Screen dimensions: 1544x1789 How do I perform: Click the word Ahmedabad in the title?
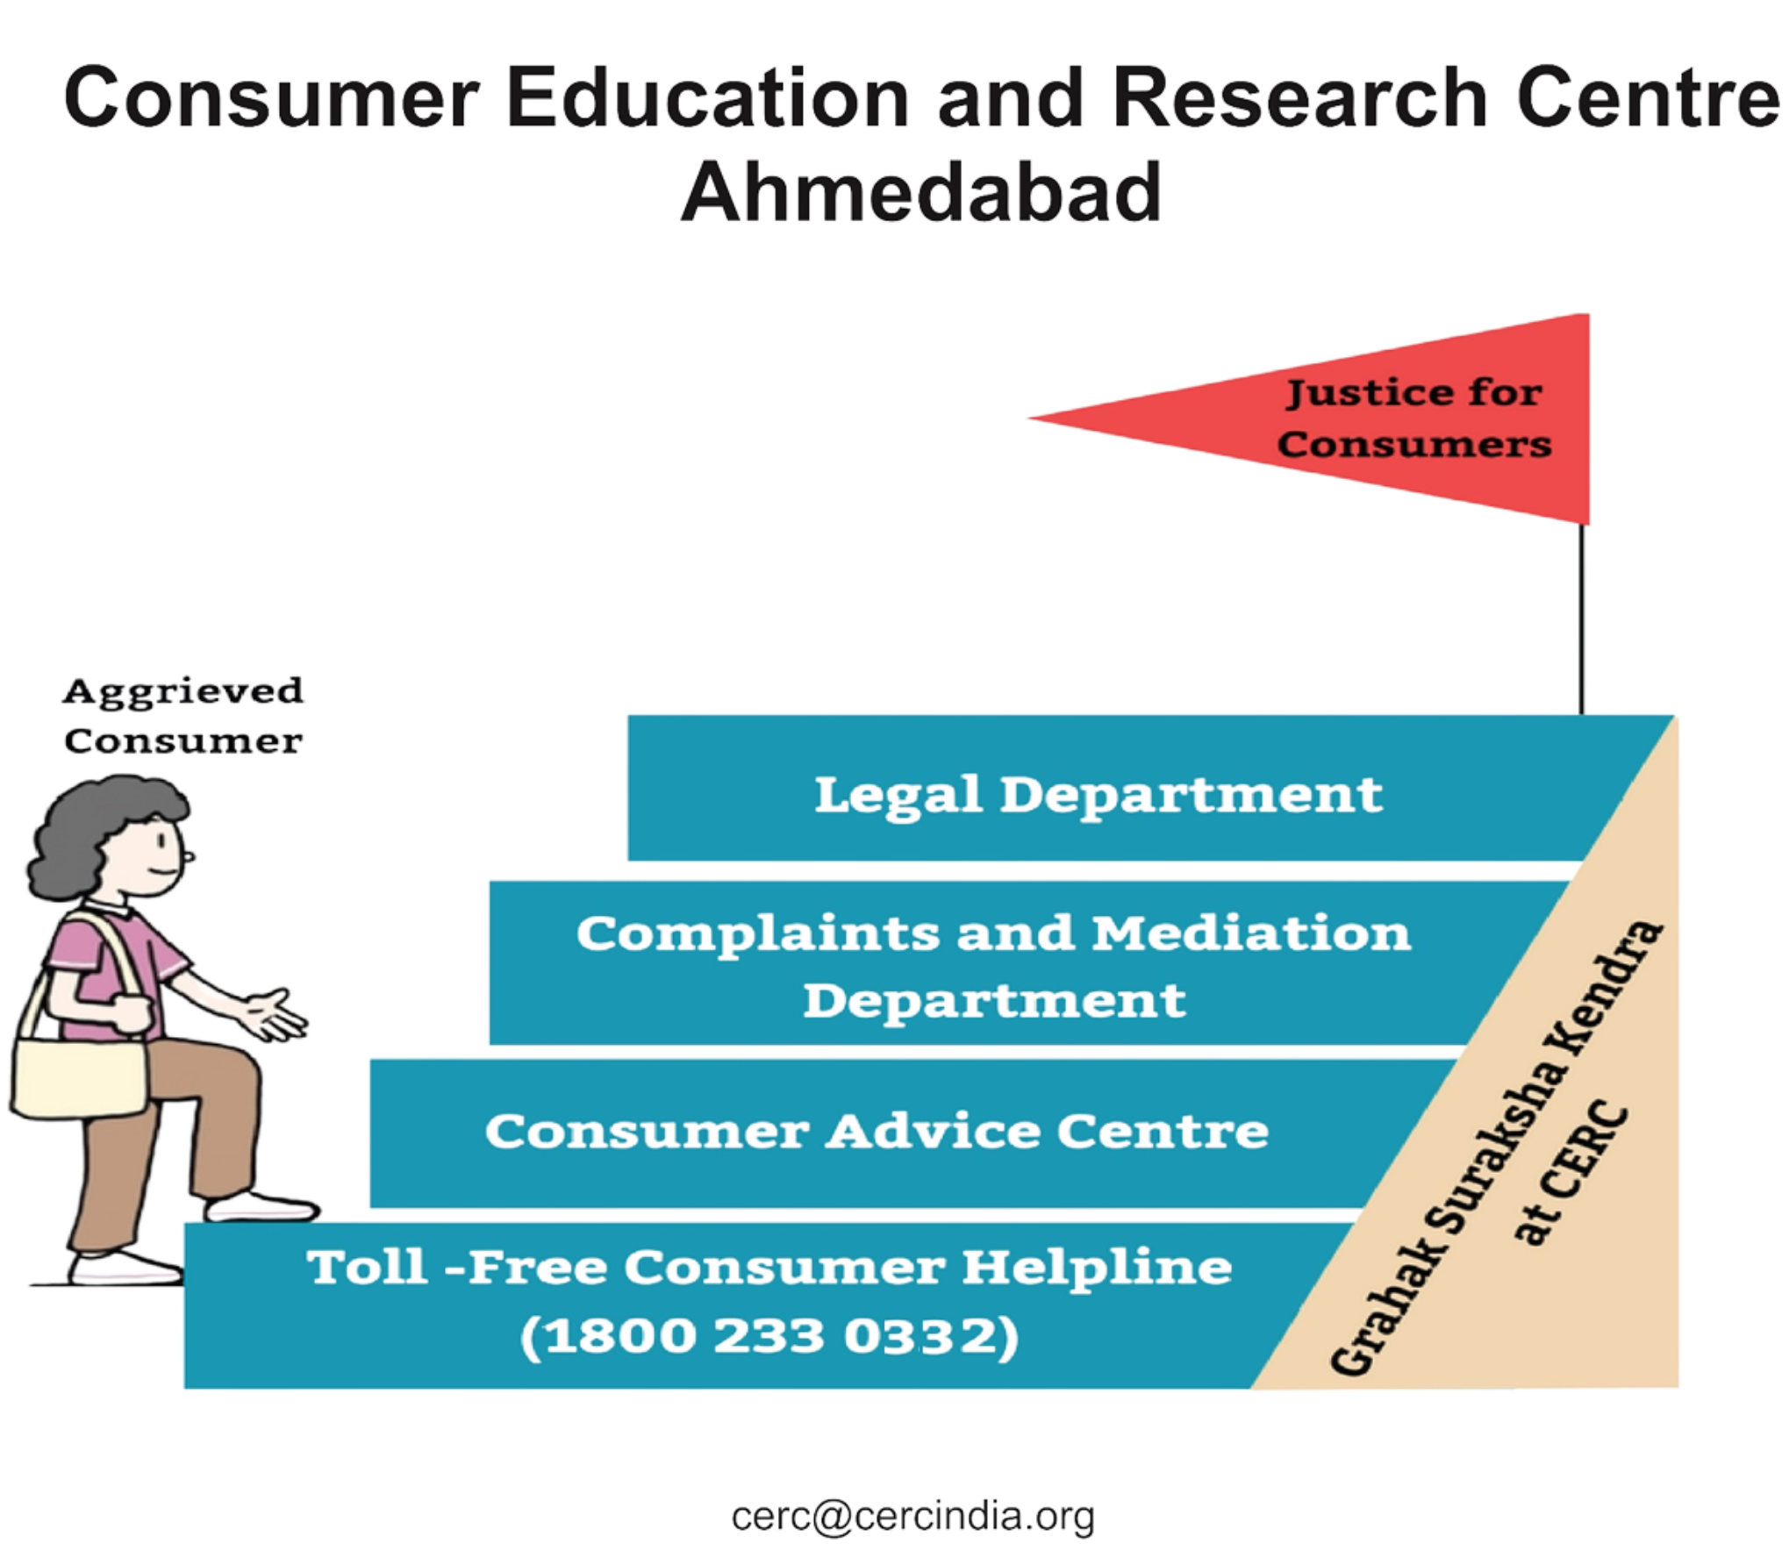pos(920,190)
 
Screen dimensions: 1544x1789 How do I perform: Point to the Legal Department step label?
pos(1098,795)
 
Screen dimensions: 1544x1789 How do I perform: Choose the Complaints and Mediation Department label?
pos(995,966)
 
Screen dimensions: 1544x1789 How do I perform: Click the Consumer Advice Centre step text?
pos(877,1132)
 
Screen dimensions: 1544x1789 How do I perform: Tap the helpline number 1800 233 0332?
pos(770,1337)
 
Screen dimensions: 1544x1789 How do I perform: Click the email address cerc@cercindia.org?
pos(912,1516)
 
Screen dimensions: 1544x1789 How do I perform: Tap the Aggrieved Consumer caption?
pos(183,716)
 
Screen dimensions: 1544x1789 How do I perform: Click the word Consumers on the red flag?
pos(1414,444)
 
